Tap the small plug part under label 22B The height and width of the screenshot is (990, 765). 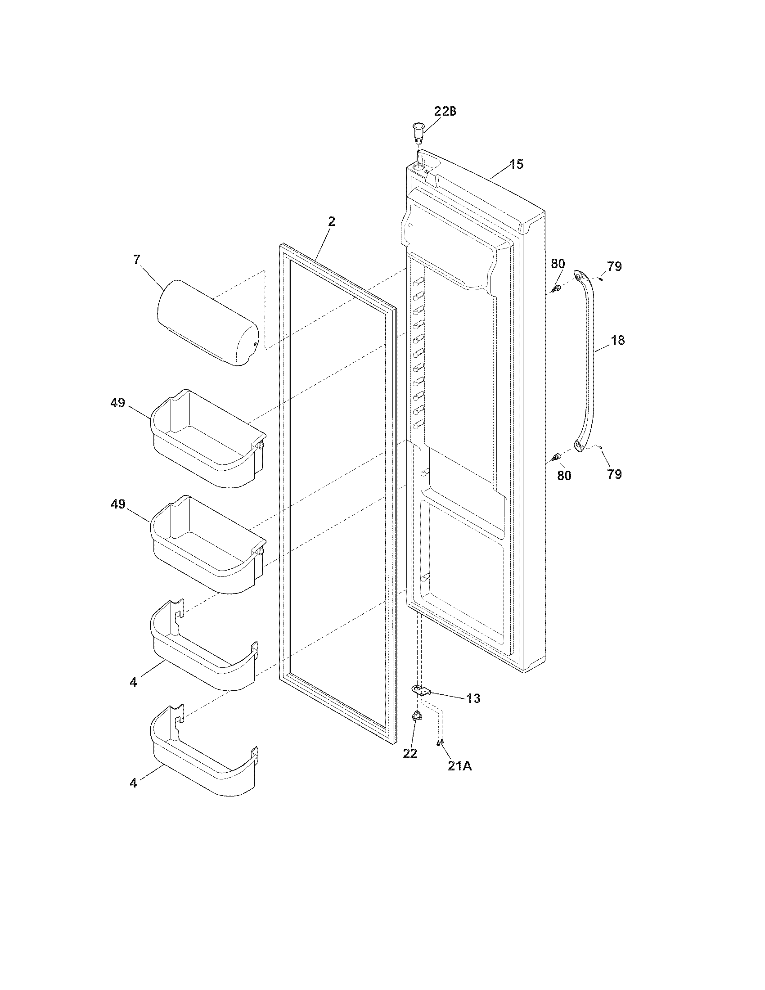(x=417, y=132)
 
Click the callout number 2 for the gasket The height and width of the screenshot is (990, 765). (x=332, y=221)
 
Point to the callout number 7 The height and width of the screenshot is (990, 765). (x=137, y=260)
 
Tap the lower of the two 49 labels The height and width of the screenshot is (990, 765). (x=118, y=504)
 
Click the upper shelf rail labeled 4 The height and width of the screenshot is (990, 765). (x=204, y=648)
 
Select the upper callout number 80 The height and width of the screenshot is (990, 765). (x=558, y=263)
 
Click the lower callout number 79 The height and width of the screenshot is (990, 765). (x=615, y=474)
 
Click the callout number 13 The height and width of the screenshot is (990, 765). (x=473, y=698)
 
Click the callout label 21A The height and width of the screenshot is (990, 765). (x=459, y=766)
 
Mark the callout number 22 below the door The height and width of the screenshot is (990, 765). (x=409, y=753)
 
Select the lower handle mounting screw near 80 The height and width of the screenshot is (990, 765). (x=556, y=457)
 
